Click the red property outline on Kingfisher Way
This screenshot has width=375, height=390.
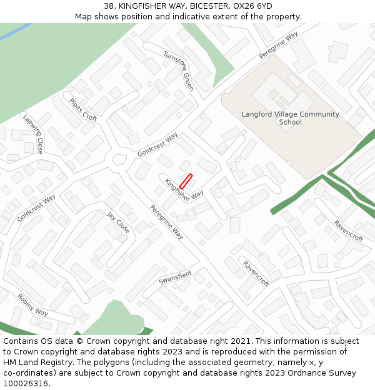[186, 181]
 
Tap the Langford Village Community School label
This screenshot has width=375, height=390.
[290, 118]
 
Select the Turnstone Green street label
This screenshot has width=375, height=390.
[179, 71]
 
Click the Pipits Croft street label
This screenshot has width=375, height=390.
[83, 110]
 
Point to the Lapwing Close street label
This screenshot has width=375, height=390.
[33, 134]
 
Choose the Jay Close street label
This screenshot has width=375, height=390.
[118, 223]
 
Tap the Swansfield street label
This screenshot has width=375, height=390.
[175, 278]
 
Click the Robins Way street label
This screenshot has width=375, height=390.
[32, 305]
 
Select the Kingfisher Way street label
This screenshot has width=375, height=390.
[184, 190]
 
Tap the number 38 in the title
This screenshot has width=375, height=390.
[109, 6]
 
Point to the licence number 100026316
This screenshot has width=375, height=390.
[24, 384]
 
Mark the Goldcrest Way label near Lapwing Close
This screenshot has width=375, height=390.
[36, 208]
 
